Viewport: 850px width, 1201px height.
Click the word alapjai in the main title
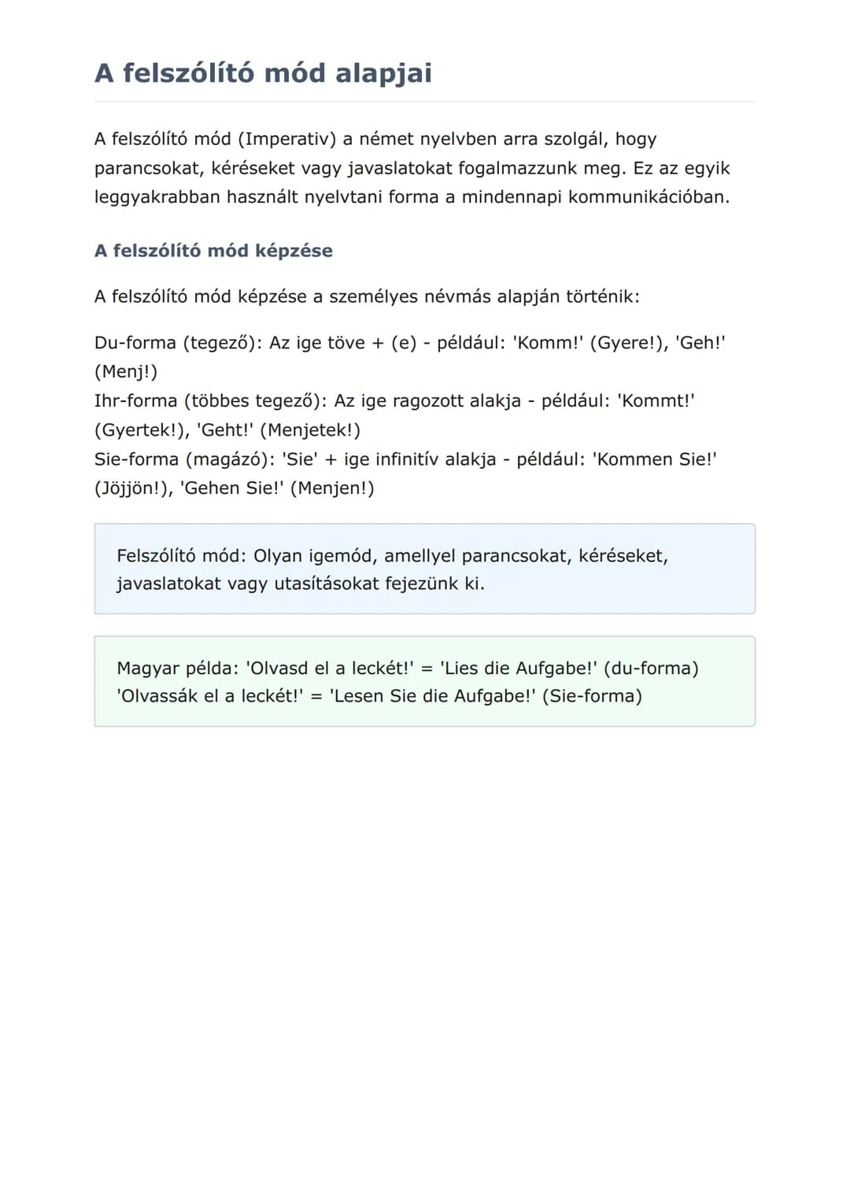pos(383,73)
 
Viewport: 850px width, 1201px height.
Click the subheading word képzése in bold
pos(294,251)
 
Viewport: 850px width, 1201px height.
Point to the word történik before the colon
pos(603,297)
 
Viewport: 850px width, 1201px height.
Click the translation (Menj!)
pos(126,372)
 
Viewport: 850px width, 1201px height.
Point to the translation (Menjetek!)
pos(310,430)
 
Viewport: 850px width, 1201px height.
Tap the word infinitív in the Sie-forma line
pos(406,459)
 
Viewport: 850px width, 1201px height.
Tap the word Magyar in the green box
pos(147,669)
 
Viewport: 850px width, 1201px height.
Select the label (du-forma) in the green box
pos(651,669)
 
